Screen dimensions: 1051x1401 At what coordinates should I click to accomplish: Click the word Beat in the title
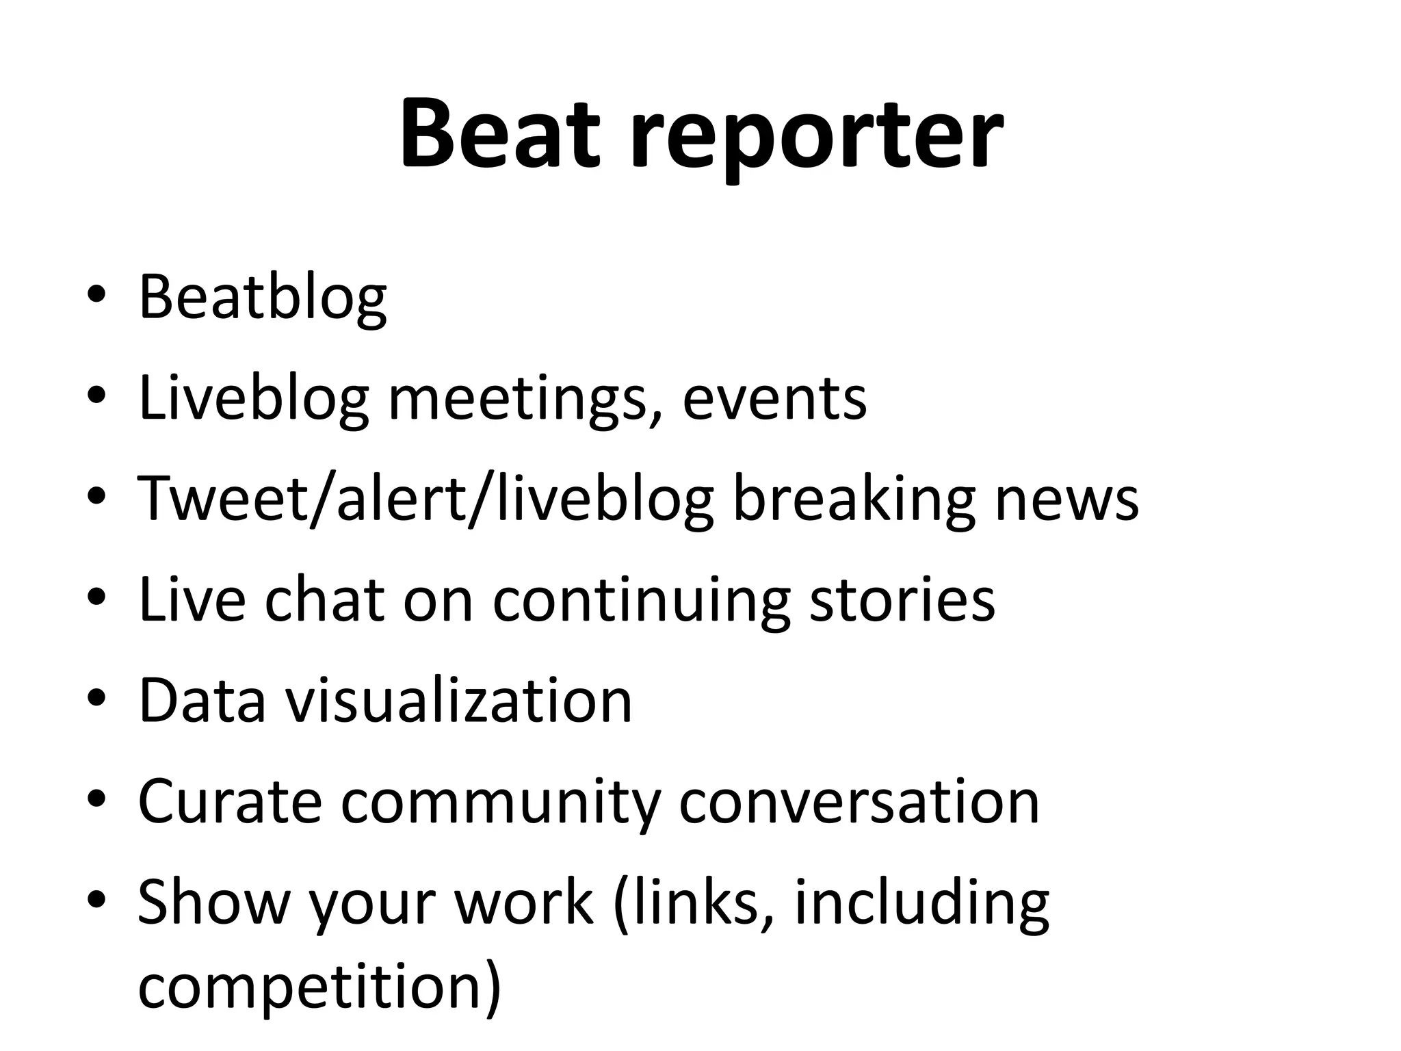tap(500, 133)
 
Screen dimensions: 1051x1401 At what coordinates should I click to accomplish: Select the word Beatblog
tap(263, 298)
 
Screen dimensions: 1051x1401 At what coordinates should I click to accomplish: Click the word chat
tap(324, 600)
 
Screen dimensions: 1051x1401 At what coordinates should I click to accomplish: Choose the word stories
tap(902, 600)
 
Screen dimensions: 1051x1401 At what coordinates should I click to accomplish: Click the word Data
tap(202, 701)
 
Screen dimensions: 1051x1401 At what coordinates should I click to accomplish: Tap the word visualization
tap(458, 701)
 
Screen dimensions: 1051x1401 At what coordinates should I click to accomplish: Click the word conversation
tap(859, 802)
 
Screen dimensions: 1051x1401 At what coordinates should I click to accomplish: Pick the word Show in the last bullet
tap(214, 902)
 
